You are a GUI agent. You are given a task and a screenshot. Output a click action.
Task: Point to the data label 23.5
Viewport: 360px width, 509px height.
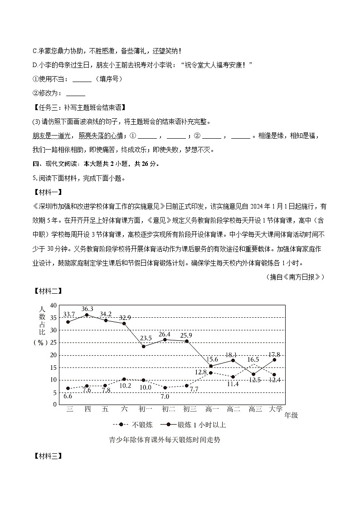(x=146, y=338)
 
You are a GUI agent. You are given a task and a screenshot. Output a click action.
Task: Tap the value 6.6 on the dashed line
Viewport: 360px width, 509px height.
(x=68, y=396)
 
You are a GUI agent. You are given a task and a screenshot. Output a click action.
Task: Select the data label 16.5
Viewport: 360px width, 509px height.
(x=253, y=359)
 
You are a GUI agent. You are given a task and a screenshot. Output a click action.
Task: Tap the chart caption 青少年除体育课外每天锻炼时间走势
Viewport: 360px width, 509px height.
(x=165, y=440)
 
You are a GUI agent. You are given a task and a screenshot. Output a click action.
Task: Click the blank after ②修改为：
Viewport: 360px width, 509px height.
(x=75, y=94)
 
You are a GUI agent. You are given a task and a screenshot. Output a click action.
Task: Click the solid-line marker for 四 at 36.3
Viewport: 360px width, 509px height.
(x=87, y=315)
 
